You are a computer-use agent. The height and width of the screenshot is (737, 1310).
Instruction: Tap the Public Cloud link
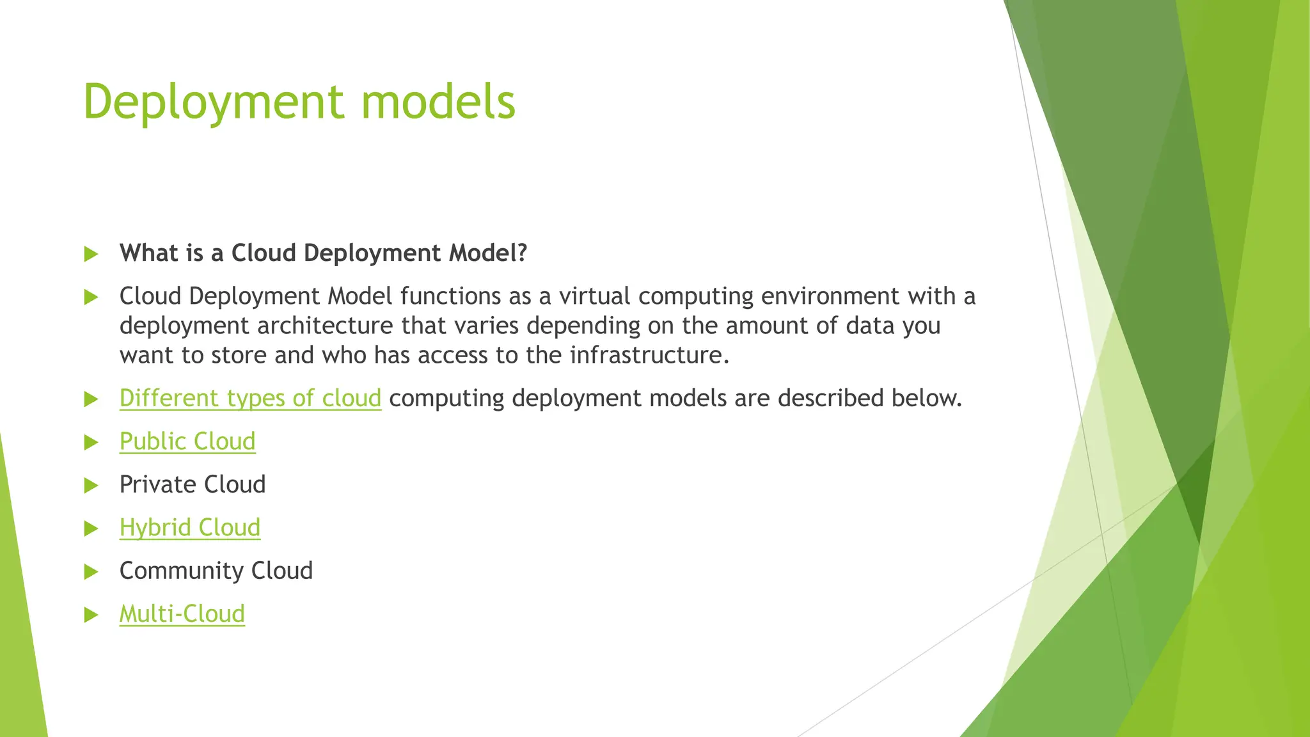(x=187, y=441)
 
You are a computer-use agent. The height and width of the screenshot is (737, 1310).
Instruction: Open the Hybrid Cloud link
(x=190, y=528)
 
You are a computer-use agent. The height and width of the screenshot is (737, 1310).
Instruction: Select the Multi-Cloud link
(x=182, y=614)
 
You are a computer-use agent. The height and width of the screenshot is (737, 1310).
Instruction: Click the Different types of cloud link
(x=250, y=399)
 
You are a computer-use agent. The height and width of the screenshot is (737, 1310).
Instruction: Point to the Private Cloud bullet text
(x=193, y=484)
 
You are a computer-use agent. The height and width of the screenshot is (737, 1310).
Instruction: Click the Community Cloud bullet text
(x=216, y=571)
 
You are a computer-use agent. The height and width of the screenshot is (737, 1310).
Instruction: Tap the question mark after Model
(x=521, y=253)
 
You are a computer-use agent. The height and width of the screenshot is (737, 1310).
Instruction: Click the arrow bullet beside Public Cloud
(x=91, y=442)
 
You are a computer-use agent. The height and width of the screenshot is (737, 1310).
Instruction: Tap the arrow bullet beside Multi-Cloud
(x=91, y=615)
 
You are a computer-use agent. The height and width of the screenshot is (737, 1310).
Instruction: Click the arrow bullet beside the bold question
(x=91, y=254)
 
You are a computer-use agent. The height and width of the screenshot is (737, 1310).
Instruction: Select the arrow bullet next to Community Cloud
(x=91, y=571)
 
